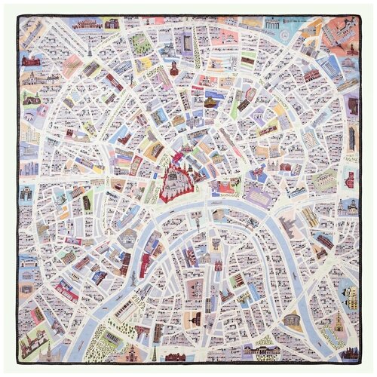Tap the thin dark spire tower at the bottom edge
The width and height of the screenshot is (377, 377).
coord(155,351)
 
